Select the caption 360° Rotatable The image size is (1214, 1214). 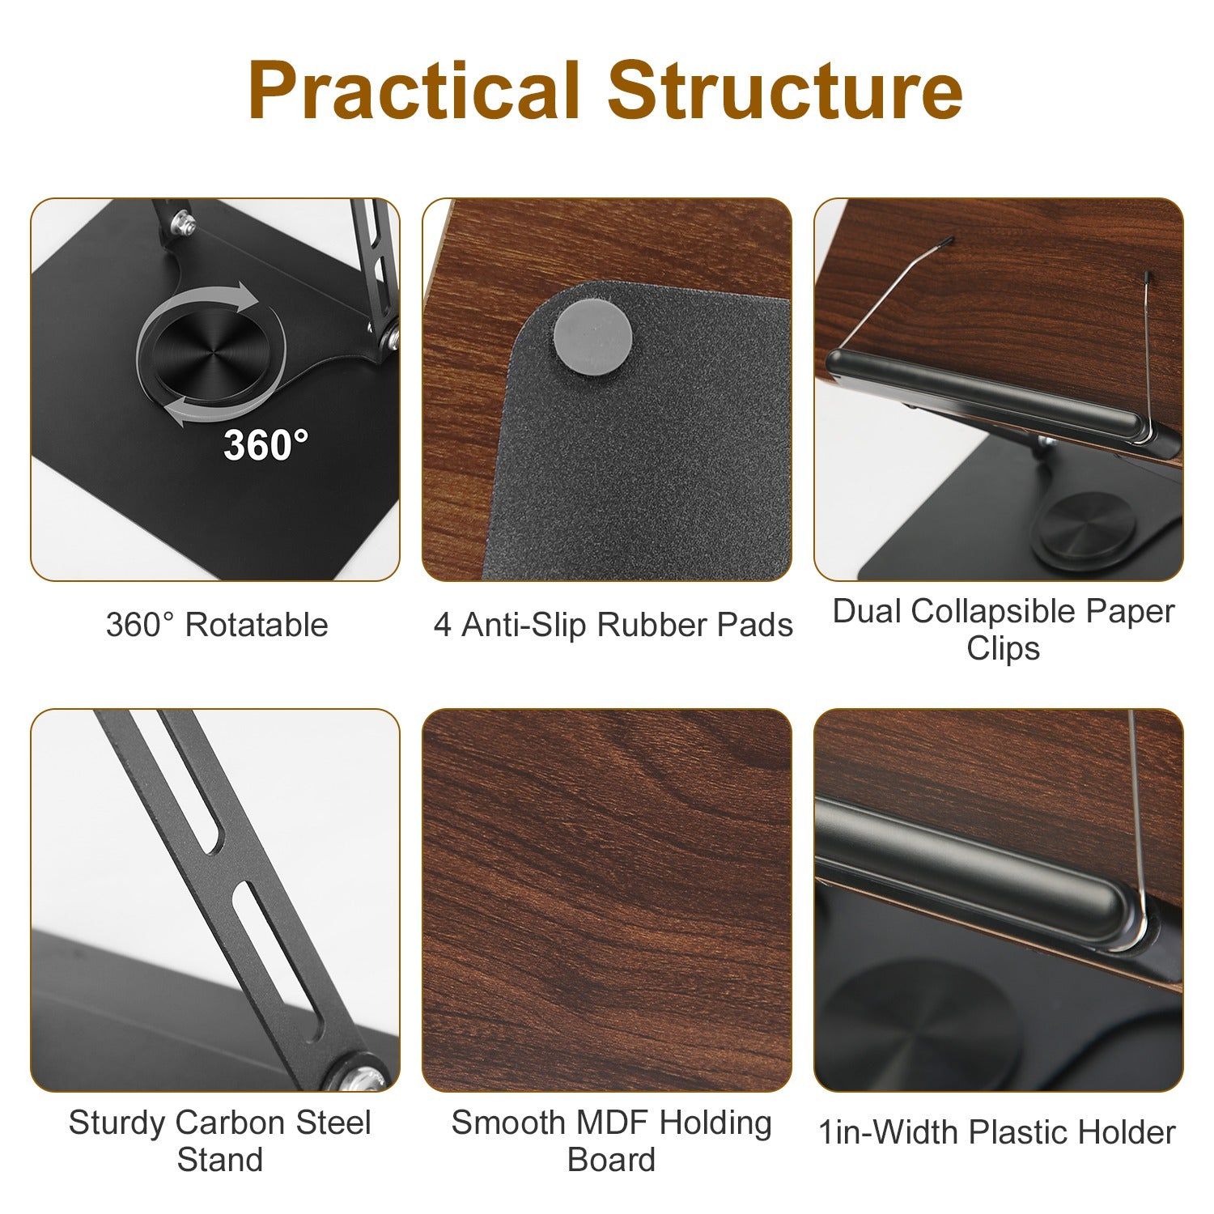[x=217, y=625]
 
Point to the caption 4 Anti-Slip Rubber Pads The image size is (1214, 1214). [x=613, y=625]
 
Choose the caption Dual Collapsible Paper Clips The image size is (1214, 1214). [x=1003, y=629]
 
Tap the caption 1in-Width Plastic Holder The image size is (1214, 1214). [x=996, y=1132]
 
